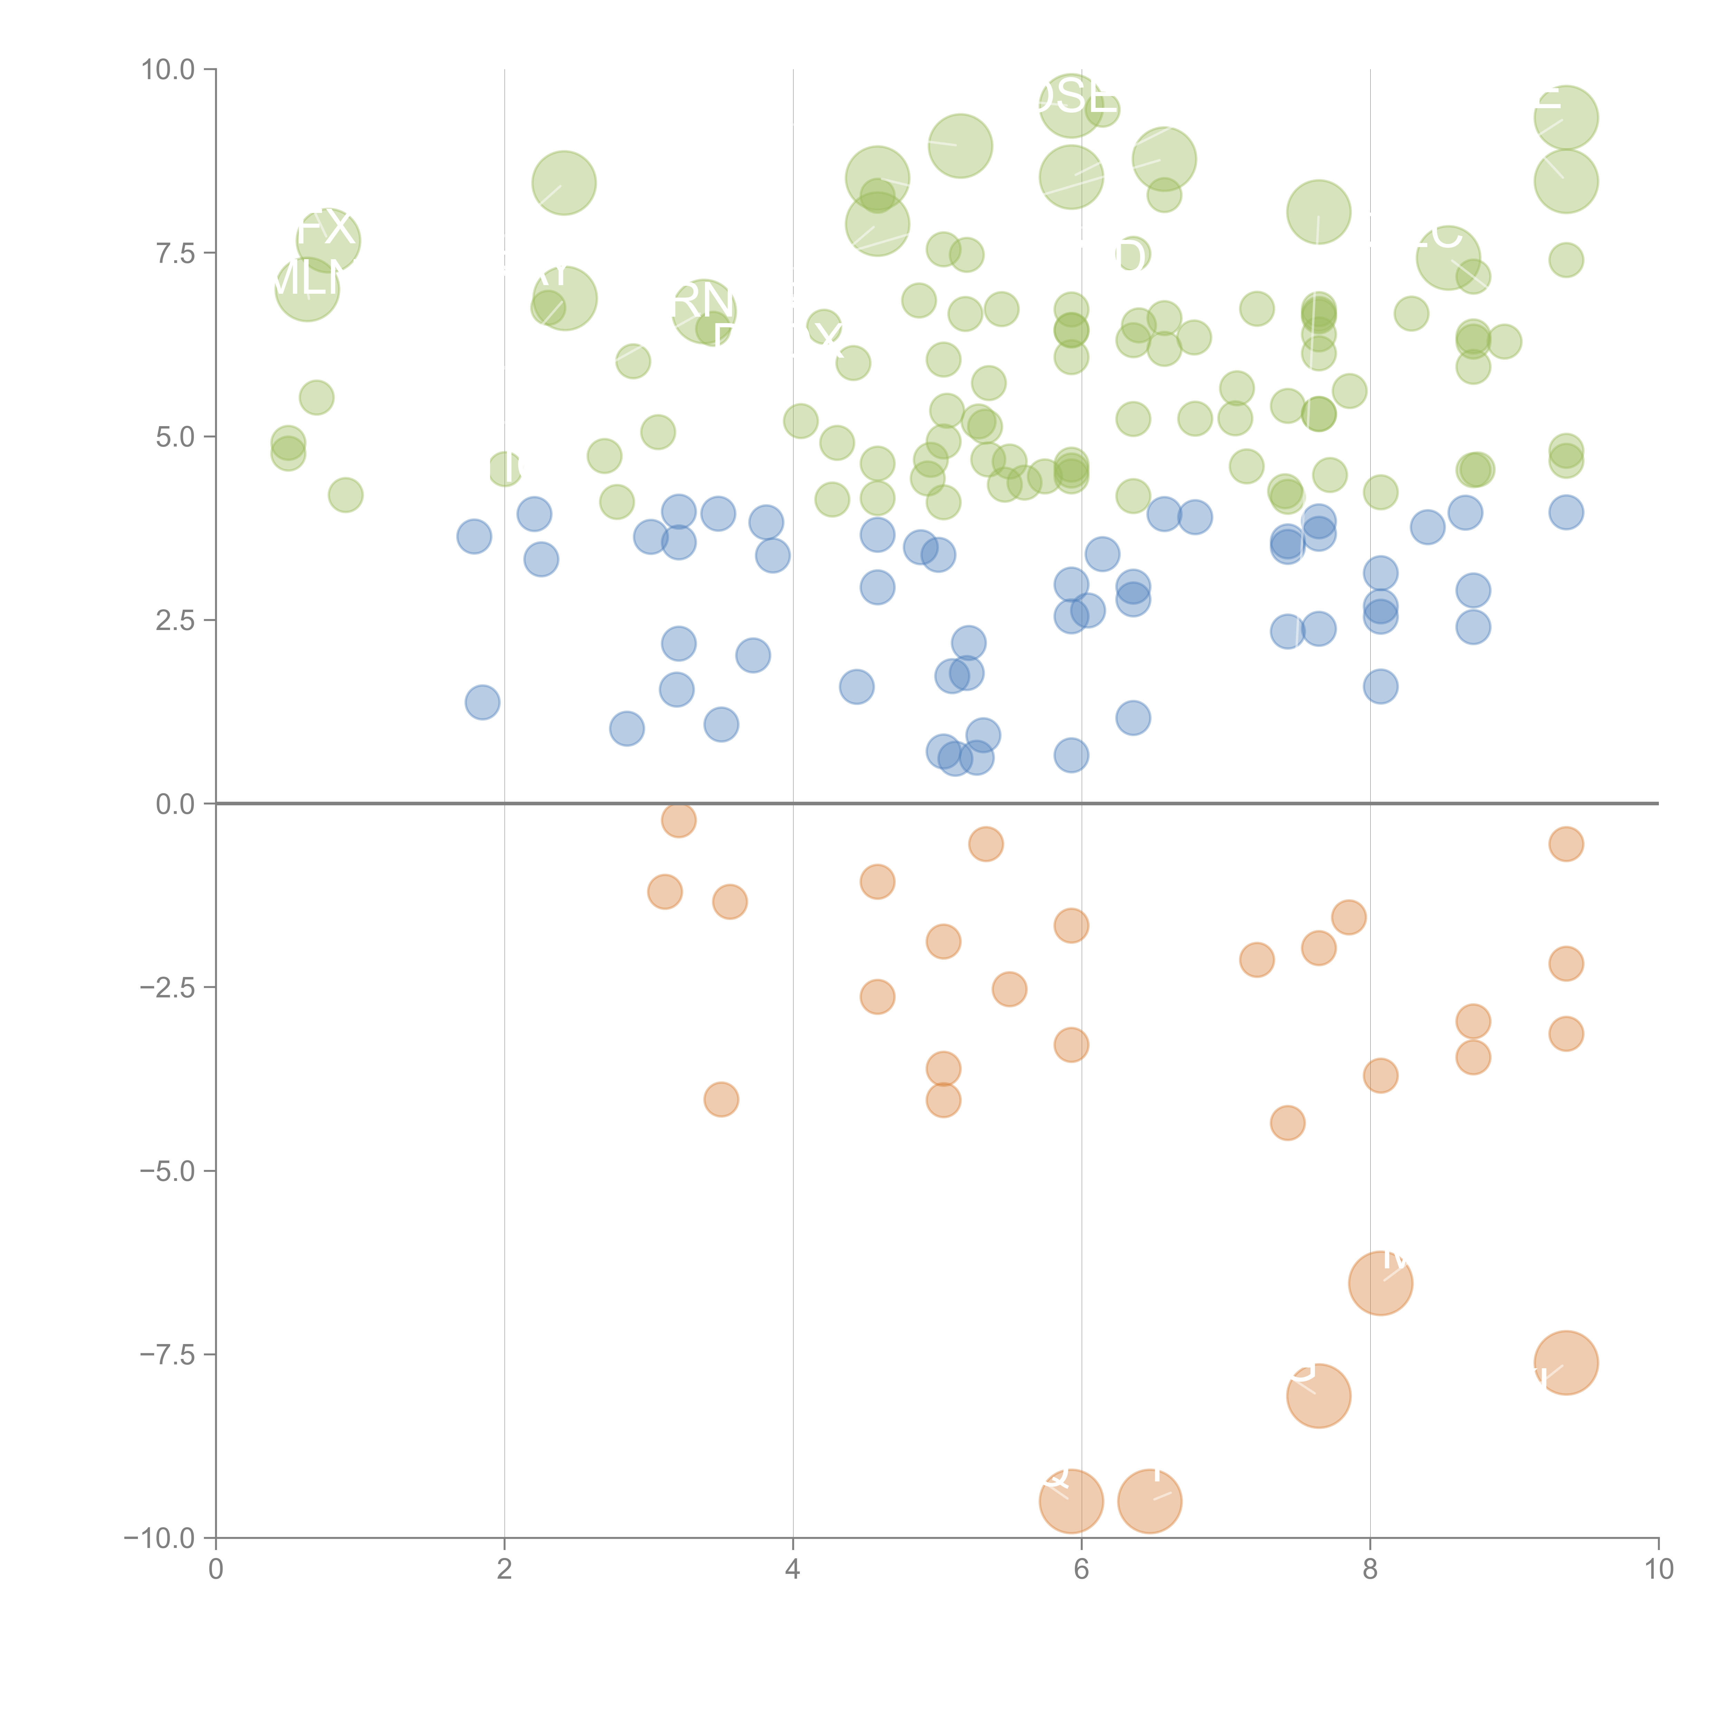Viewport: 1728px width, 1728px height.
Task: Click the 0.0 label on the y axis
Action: pos(175,804)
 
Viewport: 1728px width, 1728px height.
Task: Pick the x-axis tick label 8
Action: pos(1370,1570)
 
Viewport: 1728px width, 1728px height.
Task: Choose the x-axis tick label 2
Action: pos(505,1570)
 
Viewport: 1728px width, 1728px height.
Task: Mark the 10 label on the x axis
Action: pos(1658,1570)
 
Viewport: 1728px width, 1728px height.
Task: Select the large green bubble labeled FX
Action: pos(328,240)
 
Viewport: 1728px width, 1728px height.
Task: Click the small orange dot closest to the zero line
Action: pos(679,819)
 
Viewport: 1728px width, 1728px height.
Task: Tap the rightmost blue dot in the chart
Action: pos(1565,513)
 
